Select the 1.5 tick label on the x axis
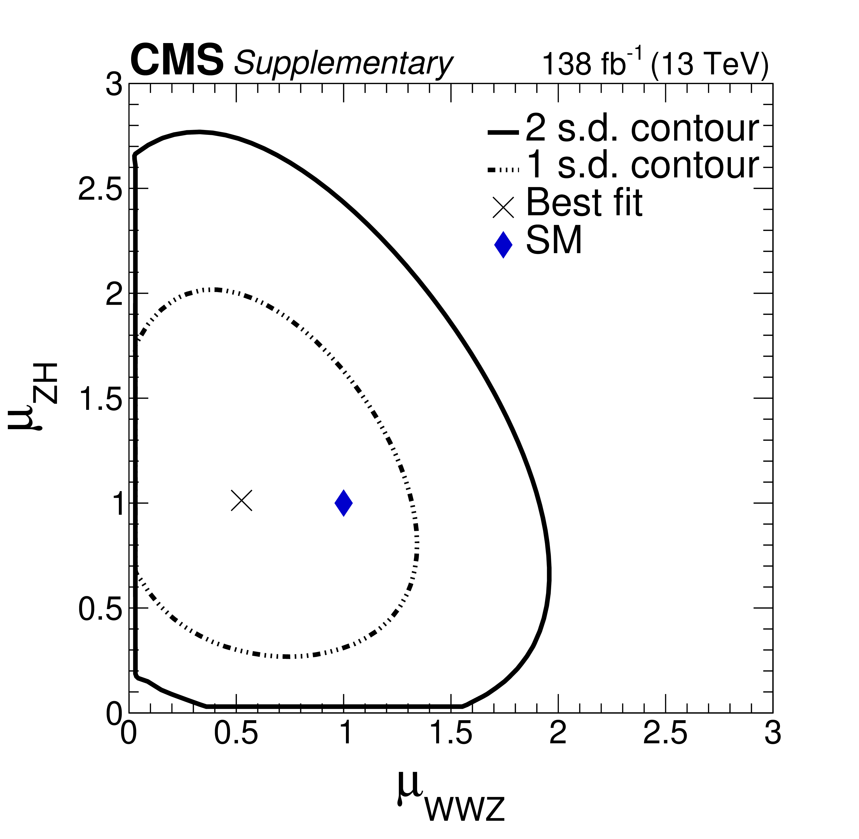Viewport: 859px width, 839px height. click(450, 734)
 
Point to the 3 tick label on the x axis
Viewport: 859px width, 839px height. click(773, 734)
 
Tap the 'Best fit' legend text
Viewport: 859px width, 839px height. click(584, 203)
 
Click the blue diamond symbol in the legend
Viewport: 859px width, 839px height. click(503, 245)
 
